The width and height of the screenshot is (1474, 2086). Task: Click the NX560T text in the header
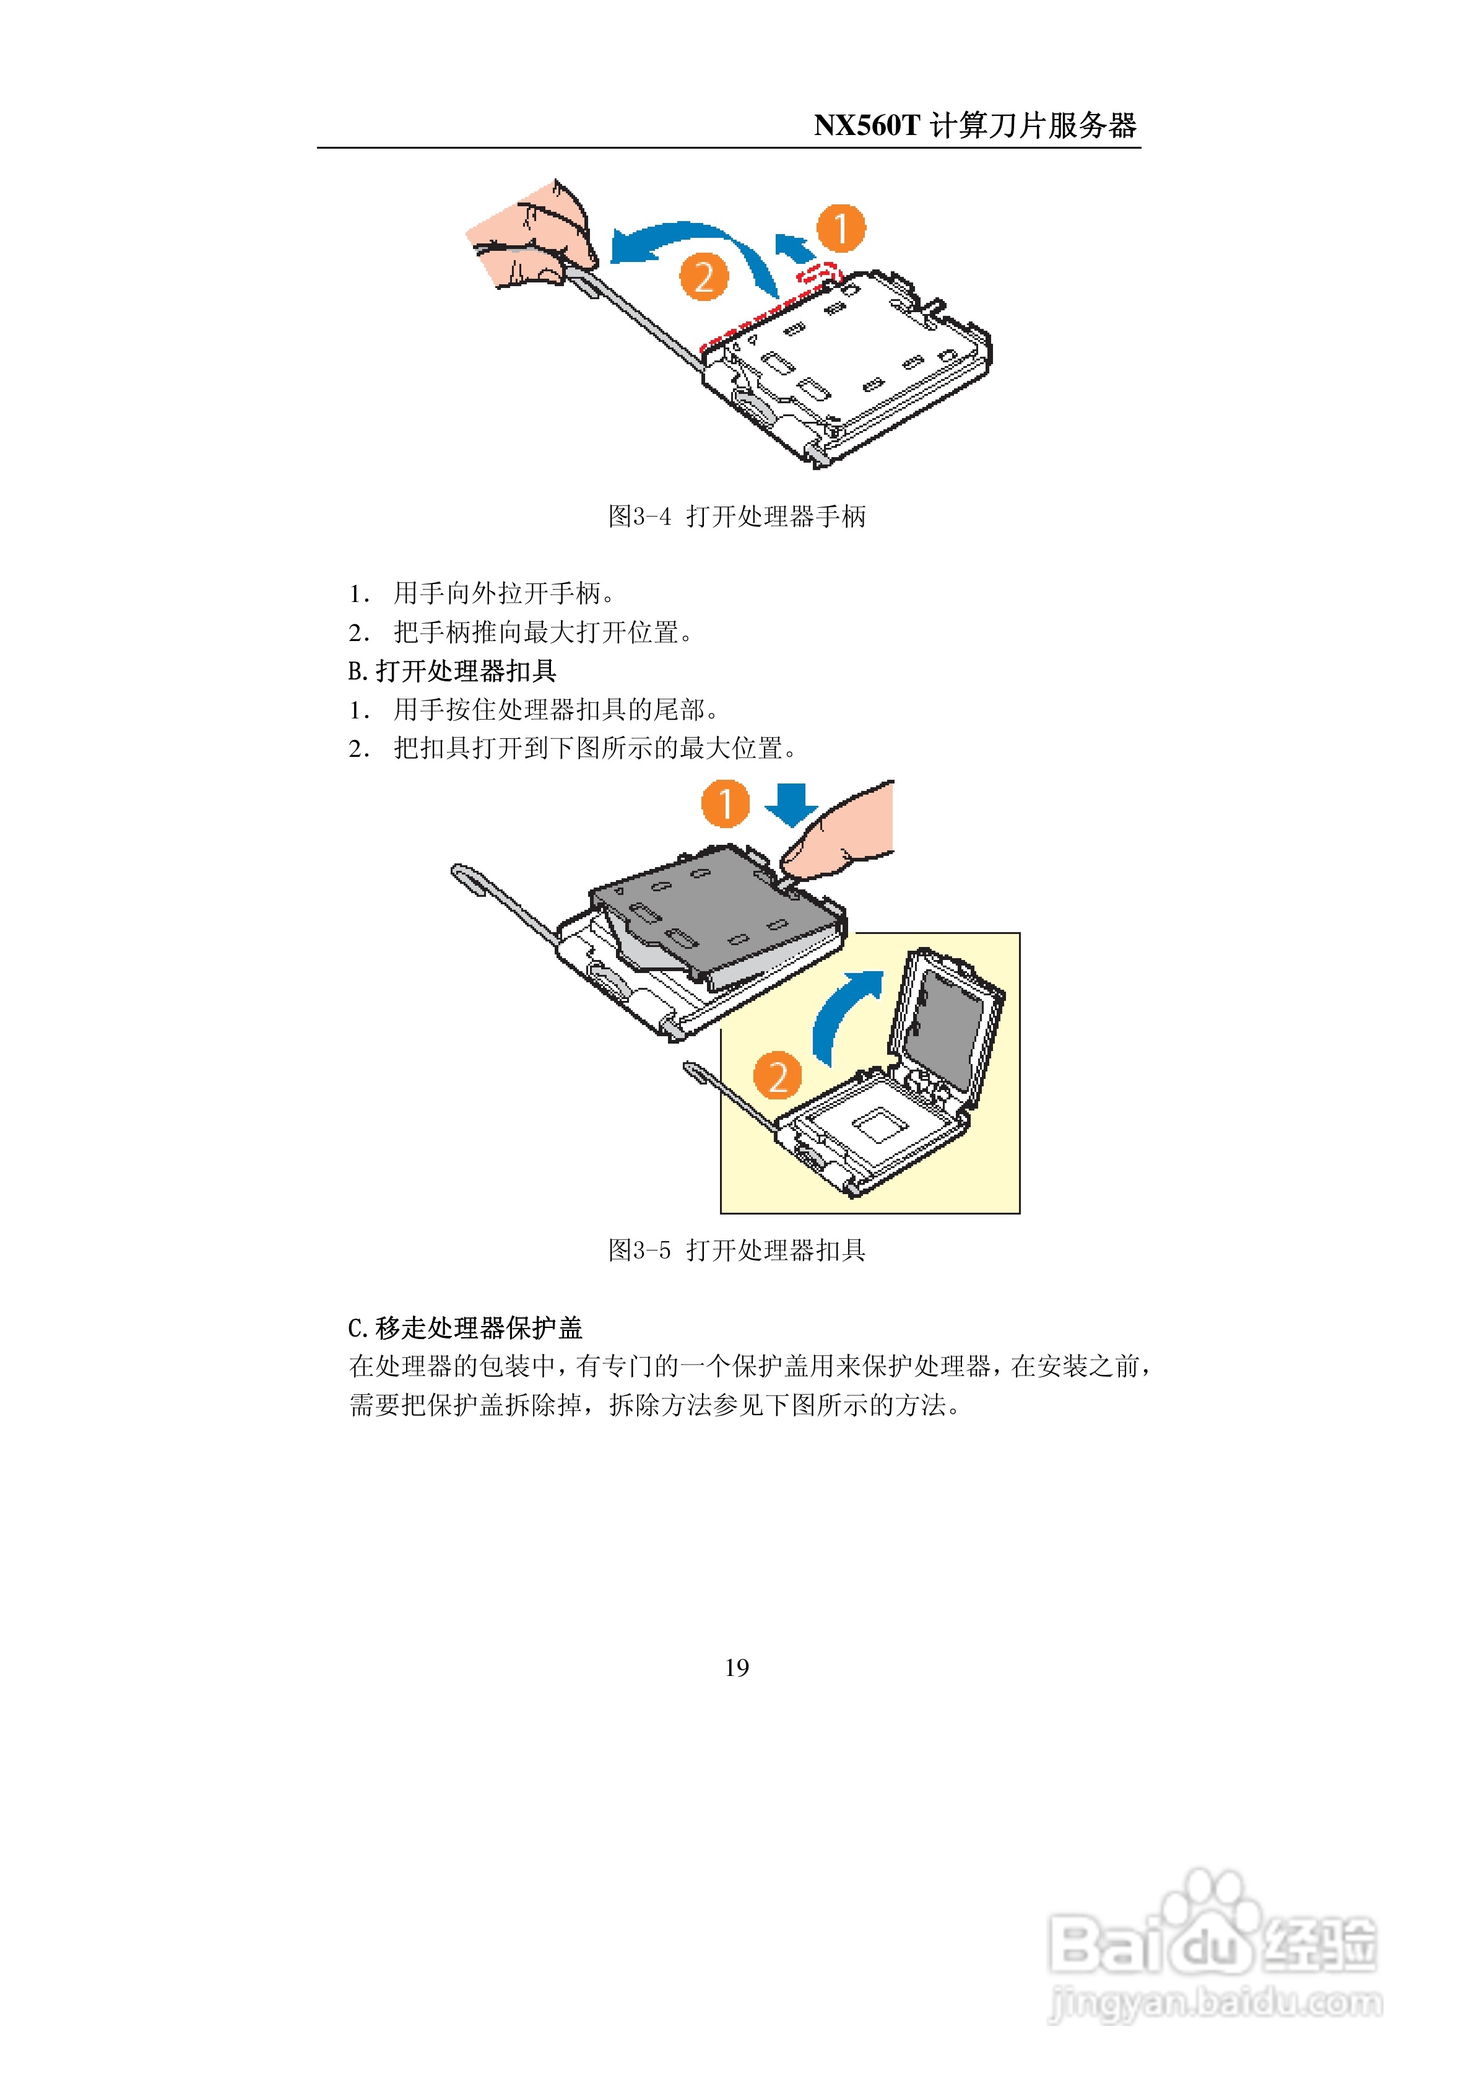click(867, 125)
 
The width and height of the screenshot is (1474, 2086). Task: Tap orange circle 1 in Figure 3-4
click(841, 228)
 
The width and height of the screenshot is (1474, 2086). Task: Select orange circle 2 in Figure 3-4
click(704, 277)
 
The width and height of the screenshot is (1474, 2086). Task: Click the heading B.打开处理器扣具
click(453, 671)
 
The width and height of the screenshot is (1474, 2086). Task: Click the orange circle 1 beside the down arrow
click(725, 803)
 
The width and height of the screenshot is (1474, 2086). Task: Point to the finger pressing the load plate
click(840, 832)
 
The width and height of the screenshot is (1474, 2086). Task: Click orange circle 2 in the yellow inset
click(778, 1076)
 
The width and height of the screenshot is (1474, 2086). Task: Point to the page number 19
click(737, 1667)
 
